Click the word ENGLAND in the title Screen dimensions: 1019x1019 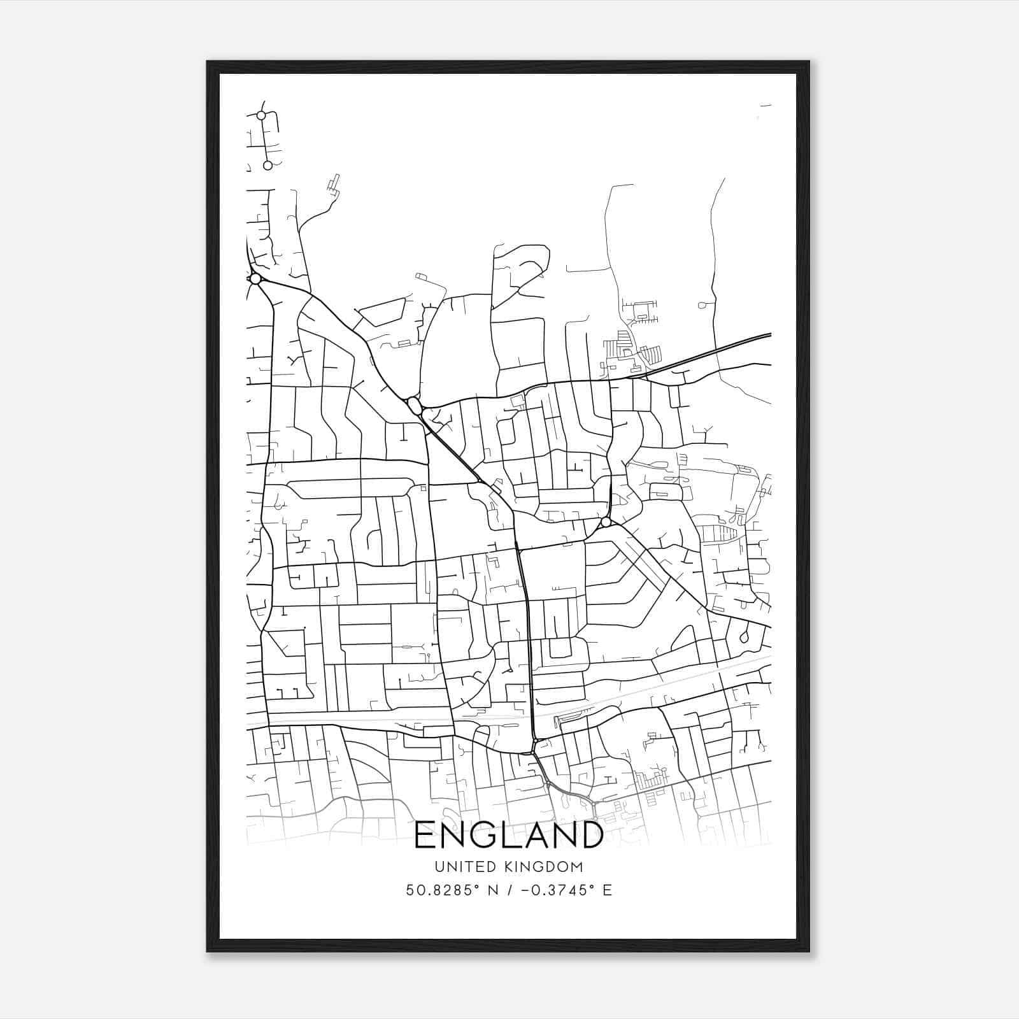point(509,835)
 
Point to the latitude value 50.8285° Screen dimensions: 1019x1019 point(441,890)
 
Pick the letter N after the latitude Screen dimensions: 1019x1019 point(492,890)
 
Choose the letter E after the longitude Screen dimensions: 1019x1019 point(607,890)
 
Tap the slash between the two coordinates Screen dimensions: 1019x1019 point(508,890)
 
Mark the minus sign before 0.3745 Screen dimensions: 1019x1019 point(525,890)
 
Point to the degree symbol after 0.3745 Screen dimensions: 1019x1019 point(592,887)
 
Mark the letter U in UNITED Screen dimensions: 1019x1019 point(439,867)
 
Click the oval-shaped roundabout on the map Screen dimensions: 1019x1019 point(413,406)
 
